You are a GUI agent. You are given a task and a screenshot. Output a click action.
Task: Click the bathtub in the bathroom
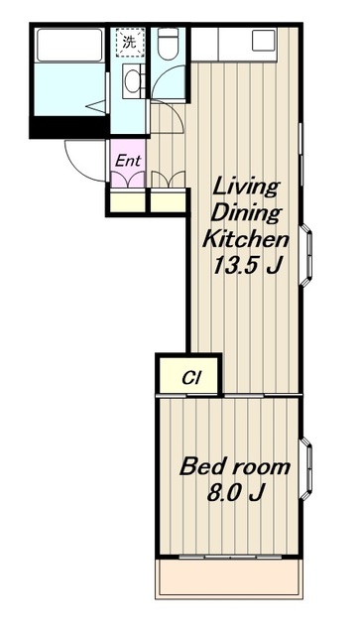point(68,45)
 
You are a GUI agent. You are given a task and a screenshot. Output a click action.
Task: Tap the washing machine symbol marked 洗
point(129,42)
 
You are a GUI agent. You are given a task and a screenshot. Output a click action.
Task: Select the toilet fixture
point(168,44)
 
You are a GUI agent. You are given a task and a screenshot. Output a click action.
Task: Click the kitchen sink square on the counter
point(264,41)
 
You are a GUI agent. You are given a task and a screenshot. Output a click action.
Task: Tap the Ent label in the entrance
point(128,161)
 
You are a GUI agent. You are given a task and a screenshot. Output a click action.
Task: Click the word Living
point(247,188)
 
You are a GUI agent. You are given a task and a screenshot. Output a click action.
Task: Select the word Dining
point(246,213)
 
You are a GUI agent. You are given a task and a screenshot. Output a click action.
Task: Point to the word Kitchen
point(246,239)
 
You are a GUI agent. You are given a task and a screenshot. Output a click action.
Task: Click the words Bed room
point(235,467)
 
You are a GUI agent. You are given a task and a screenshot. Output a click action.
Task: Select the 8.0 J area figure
point(236,493)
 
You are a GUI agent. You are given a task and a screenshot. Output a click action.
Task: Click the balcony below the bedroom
point(229,578)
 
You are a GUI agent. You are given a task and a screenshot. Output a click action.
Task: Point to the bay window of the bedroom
point(306,468)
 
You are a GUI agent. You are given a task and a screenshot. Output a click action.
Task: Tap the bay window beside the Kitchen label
point(306,254)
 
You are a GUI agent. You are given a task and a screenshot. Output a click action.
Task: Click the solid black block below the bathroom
point(69,127)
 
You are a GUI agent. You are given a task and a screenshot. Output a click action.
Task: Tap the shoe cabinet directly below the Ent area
point(128,201)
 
